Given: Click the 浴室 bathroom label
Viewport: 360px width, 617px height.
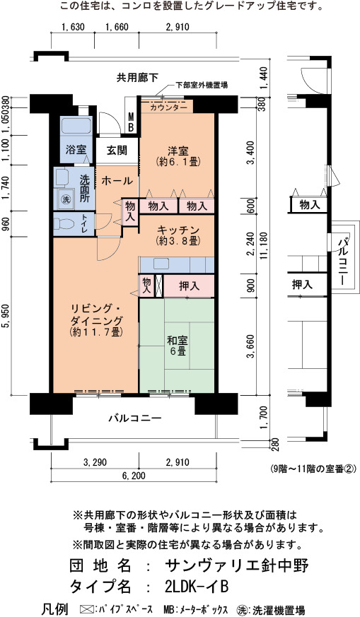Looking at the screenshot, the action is pos(76,150).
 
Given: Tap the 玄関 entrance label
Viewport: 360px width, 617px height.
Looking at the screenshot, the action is pos(117,150).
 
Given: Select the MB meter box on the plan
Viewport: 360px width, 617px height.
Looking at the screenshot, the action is pos(131,122).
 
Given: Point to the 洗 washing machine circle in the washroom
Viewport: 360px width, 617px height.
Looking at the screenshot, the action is pos(66,199).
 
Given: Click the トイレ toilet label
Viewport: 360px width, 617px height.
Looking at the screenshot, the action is pos(85,225).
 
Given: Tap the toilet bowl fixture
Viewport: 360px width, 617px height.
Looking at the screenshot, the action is pos(64,224).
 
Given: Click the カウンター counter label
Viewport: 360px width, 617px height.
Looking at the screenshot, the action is pos(168,107).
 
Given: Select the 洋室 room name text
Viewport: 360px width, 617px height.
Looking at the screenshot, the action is pos(178,151).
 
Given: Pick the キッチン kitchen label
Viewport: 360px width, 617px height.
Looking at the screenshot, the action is pos(178,230).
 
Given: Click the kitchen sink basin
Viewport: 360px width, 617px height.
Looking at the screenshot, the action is pos(161,264).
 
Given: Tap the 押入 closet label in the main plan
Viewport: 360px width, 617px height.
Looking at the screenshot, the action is pos(190,286).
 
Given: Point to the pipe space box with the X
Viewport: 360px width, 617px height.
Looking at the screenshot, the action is pos(158,286).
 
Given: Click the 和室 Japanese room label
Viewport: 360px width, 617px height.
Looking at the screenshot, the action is pos(178,340).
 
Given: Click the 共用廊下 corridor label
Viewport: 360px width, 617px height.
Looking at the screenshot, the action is pos(137,78).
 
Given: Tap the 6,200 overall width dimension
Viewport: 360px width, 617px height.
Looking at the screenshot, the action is pos(134,476).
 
